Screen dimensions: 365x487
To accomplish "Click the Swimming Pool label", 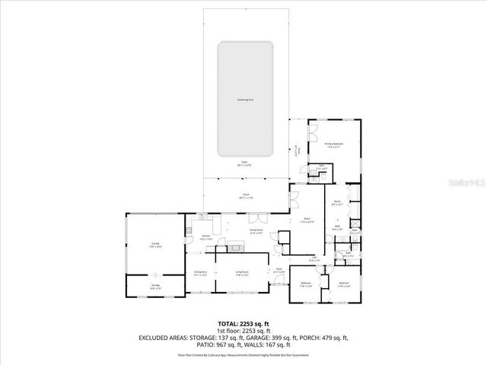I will coord(245,100).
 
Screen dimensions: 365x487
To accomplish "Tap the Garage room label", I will coord(154,245).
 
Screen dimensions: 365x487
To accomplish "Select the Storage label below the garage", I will coord(154,287).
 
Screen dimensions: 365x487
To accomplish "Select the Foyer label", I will coord(279,271).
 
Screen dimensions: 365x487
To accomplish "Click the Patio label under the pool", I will coord(245,163).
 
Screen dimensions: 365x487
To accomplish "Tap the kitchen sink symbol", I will coord(202,220).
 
